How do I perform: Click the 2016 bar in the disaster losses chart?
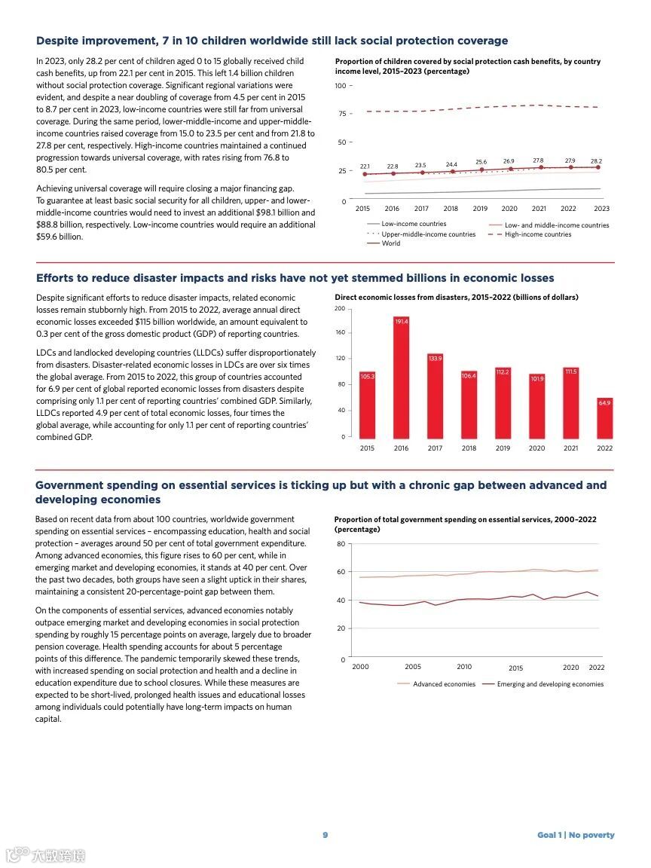click(401, 377)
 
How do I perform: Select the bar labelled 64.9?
click(604, 418)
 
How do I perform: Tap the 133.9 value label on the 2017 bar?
click(435, 359)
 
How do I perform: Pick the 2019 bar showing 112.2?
click(503, 403)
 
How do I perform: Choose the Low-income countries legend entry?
click(413, 224)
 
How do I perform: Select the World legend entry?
click(390, 243)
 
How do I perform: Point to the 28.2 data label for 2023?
click(596, 161)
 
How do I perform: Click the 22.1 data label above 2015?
click(365, 166)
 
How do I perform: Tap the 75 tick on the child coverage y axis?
click(341, 114)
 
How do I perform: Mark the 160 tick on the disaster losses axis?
click(340, 332)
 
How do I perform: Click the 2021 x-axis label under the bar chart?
click(570, 448)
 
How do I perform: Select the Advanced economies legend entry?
click(444, 684)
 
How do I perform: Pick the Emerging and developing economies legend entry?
click(550, 684)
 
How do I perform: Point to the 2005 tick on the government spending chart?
click(413, 667)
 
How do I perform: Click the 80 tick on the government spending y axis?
click(341, 544)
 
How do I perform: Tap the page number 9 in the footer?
click(325, 835)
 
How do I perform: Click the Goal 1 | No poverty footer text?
click(576, 835)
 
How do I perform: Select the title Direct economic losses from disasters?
click(456, 298)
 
